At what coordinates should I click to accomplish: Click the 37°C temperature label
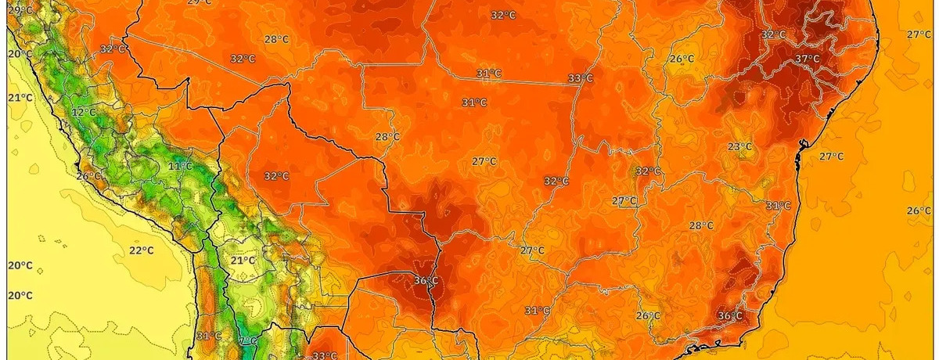point(808,59)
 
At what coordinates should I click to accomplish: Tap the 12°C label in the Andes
point(84,113)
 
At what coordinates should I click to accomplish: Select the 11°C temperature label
point(180,166)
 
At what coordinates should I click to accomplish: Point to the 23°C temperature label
point(739,146)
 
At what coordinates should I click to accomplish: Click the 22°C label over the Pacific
point(142,250)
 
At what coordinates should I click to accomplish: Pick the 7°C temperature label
point(248,341)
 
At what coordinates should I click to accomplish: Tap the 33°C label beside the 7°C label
point(325,356)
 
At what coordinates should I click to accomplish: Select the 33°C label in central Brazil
point(581,78)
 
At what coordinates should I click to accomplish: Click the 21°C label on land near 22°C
point(243,260)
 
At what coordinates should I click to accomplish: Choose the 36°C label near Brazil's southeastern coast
point(729,315)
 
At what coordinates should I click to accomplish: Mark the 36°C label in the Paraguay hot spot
point(426,280)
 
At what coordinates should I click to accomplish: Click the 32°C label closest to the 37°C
point(773,34)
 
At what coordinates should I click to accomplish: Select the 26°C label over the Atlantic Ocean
point(919,211)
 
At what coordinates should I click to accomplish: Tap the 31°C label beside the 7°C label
point(209,337)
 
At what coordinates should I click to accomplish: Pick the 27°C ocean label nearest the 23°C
point(831,157)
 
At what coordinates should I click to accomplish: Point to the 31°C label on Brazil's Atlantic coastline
point(778,205)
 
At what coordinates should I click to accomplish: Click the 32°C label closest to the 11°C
point(276,176)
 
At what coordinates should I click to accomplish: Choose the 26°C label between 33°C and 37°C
point(682,59)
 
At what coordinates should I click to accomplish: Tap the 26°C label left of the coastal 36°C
point(647,315)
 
